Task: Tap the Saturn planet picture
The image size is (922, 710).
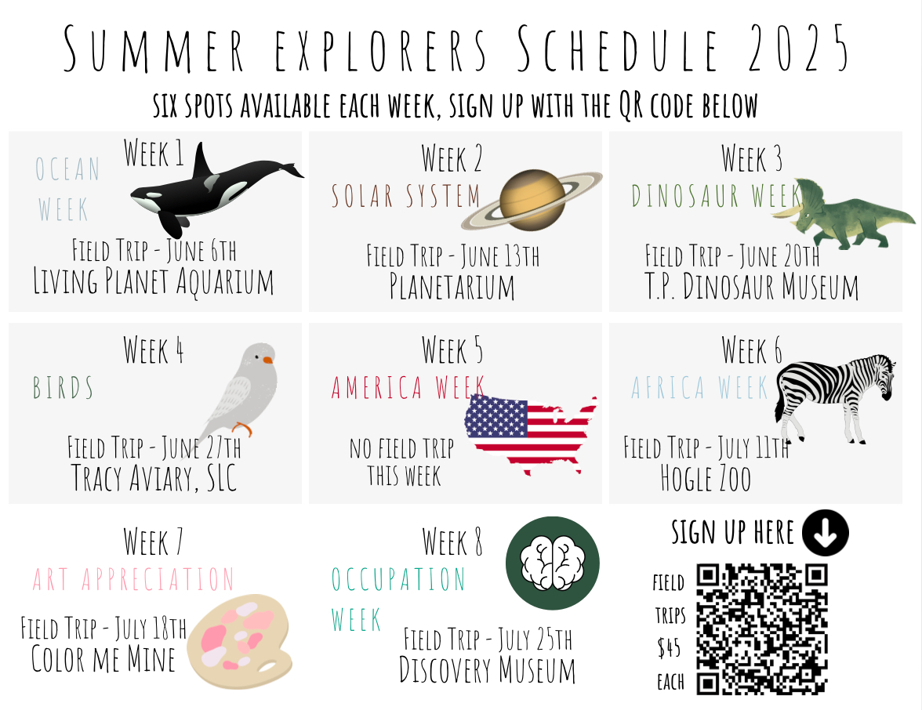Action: click(532, 200)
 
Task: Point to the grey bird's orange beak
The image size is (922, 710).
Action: click(268, 360)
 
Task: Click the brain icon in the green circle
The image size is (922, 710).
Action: click(553, 563)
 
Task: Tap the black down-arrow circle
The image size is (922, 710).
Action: click(825, 533)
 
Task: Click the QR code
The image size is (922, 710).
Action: click(762, 628)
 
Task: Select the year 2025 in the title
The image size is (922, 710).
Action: click(798, 49)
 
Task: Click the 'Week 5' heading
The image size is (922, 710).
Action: click(452, 350)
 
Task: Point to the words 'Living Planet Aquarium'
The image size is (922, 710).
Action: click(154, 281)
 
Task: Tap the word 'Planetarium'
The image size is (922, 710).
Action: click(452, 287)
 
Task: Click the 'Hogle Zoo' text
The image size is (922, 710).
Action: click(706, 478)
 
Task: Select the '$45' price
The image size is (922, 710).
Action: click(670, 648)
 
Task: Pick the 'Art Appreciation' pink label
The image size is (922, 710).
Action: click(133, 580)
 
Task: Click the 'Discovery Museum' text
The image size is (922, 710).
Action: click(488, 670)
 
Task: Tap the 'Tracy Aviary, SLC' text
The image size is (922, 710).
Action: click(154, 478)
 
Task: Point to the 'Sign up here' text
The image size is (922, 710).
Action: click(732, 533)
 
